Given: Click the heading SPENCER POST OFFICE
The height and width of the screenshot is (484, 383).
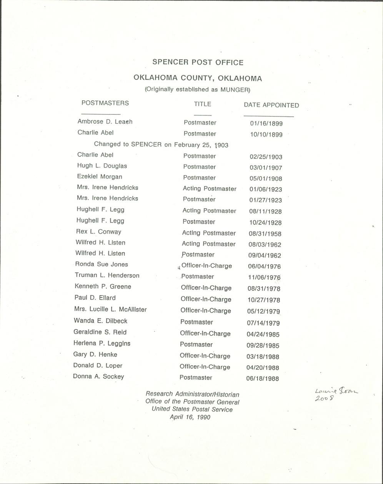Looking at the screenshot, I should [x=198, y=62].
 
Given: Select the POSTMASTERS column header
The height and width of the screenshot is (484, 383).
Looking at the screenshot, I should [x=105, y=103].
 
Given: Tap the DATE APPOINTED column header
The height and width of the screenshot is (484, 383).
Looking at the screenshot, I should [x=271, y=105].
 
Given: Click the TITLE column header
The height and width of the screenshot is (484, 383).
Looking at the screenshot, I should [x=202, y=104].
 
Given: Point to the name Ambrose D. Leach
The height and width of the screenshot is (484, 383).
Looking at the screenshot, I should [x=105, y=121].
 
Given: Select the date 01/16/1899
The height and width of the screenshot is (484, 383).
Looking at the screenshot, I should [x=266, y=124].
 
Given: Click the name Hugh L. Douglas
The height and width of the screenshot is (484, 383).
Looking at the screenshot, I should [x=102, y=166].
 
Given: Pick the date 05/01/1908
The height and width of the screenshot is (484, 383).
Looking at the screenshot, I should [x=266, y=179].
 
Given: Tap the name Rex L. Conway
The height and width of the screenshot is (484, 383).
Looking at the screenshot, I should [x=98, y=232].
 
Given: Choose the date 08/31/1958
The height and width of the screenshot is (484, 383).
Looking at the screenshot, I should [x=265, y=234].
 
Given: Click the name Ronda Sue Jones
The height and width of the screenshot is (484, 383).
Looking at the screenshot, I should [x=102, y=264].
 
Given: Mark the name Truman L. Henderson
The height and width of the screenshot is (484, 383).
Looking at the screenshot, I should [x=107, y=275].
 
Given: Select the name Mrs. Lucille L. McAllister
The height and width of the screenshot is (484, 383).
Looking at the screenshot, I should [x=110, y=309].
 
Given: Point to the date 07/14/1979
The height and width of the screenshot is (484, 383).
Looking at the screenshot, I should [x=263, y=323].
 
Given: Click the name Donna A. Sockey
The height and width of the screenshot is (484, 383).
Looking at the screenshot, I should [x=98, y=376].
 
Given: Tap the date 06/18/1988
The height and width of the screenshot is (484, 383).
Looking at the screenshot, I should [x=263, y=378].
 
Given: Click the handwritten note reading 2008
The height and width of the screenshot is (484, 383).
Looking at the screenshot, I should [x=324, y=399].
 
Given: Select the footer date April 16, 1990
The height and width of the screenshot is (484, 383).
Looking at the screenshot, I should [x=190, y=417].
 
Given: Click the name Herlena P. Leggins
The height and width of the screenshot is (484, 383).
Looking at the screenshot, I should [x=102, y=343].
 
